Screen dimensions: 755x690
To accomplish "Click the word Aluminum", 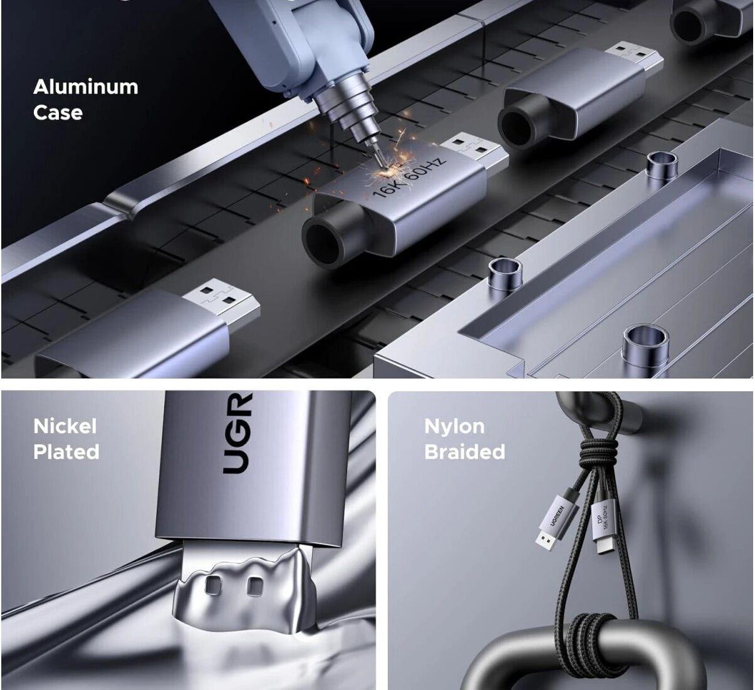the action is click(86, 87).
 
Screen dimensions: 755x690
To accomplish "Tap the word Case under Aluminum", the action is click(58, 113).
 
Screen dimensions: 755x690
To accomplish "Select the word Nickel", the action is click(65, 426).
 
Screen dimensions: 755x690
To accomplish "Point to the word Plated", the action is click(66, 452).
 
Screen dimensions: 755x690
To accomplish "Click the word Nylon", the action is click(455, 427).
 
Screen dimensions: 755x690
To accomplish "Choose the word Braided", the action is click(465, 452).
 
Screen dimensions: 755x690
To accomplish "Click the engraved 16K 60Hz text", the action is click(409, 176).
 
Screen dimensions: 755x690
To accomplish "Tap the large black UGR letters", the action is click(237, 433).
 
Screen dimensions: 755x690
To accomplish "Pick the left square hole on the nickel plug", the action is click(214, 584).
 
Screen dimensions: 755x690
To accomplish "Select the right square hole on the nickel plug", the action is click(255, 587).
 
